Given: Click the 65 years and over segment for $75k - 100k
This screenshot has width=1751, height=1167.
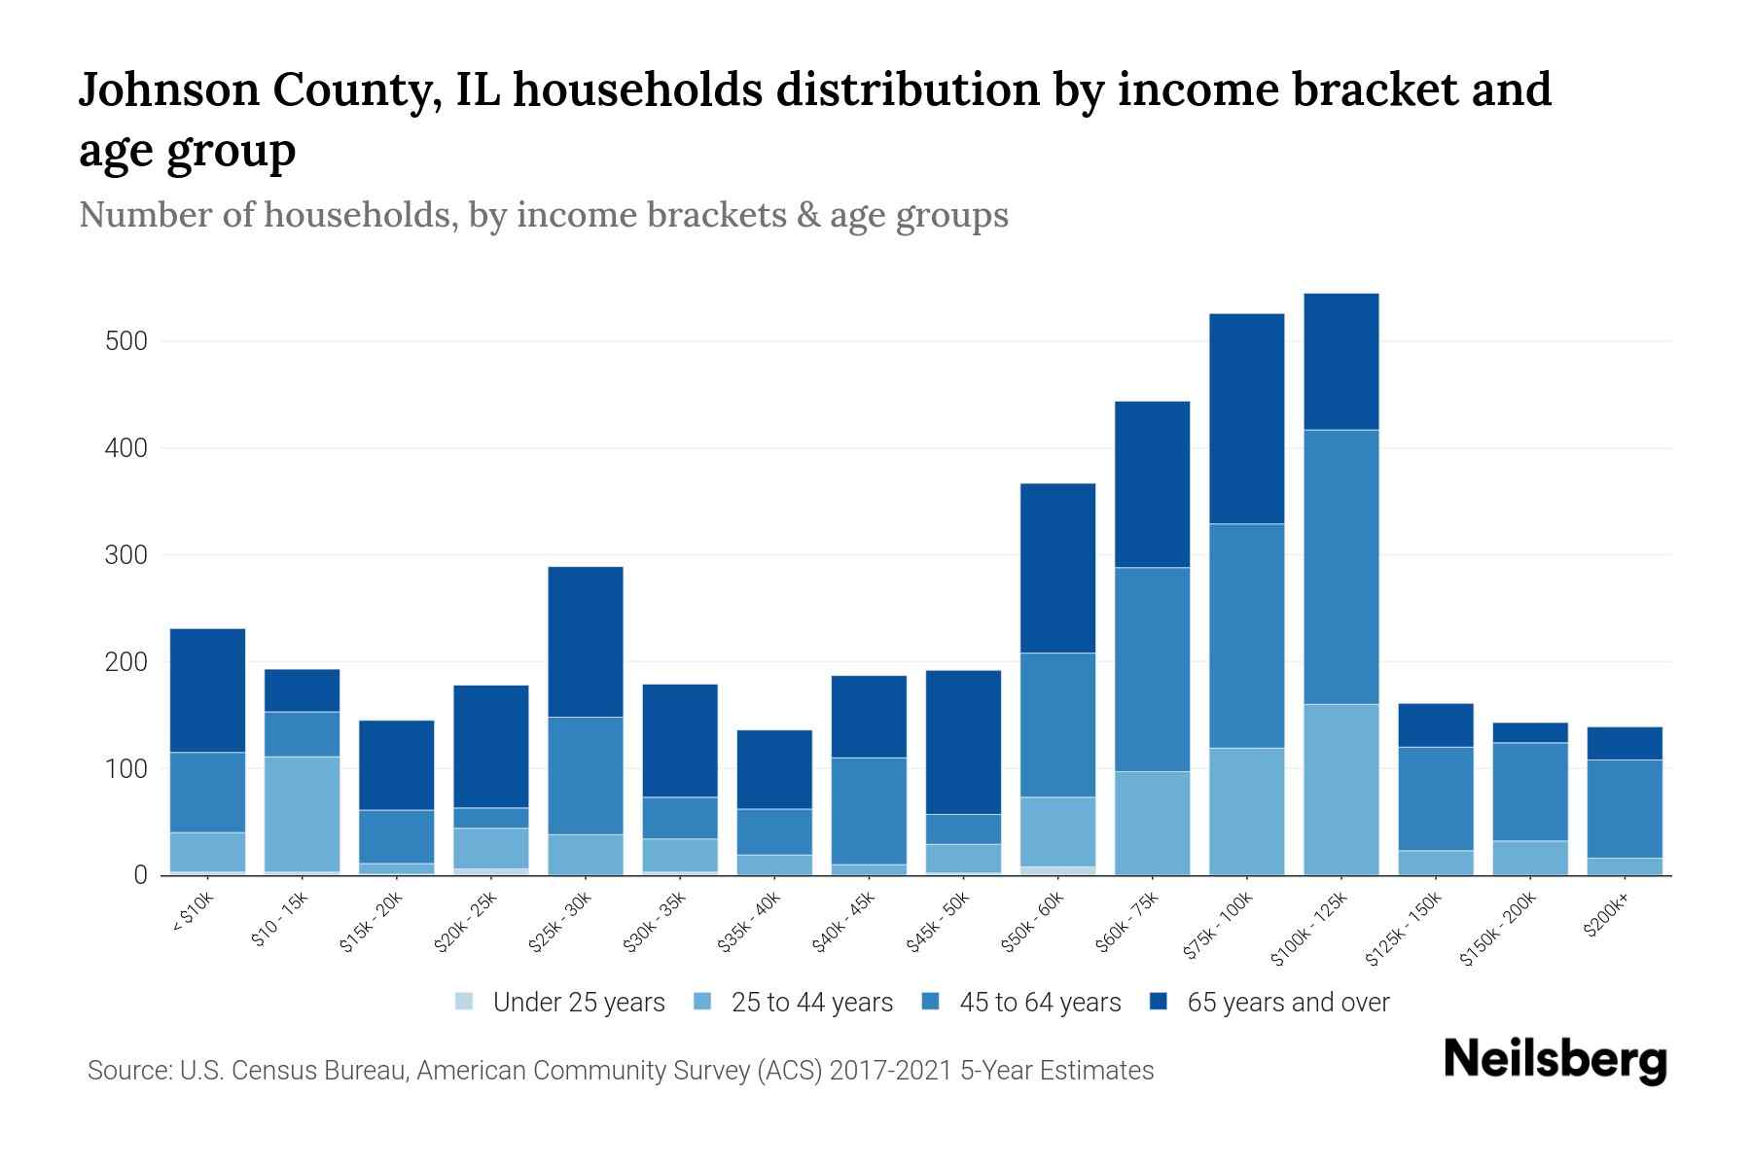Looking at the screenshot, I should pos(1246,418).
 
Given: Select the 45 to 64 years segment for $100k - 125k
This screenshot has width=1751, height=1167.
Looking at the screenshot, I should pos(1340,566).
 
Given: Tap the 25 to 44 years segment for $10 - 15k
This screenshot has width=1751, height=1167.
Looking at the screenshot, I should pos(302,814).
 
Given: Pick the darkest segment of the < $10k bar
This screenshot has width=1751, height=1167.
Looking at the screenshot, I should pos(207,690).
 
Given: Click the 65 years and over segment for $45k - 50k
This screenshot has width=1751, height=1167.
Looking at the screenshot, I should pos(963,742).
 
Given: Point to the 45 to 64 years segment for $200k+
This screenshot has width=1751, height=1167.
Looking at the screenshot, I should pos(1625,808).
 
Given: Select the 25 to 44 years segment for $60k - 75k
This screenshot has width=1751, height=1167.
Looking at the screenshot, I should pos(1152,823).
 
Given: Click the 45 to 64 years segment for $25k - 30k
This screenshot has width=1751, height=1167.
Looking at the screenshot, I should pos(586,775).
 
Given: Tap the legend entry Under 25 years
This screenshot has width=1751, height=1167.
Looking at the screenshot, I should pos(578,1003).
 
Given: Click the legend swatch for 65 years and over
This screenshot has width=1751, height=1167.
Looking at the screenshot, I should pos(1158,1002).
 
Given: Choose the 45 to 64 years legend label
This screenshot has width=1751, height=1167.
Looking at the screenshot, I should pos(1039,1003).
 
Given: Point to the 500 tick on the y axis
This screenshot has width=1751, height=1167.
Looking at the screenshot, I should pos(127,342).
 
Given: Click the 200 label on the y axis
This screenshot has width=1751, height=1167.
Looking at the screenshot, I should pos(127,662).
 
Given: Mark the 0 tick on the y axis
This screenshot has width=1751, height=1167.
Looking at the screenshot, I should pos(140,875).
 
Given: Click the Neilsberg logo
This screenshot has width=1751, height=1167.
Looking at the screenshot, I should pos(1554,1060).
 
